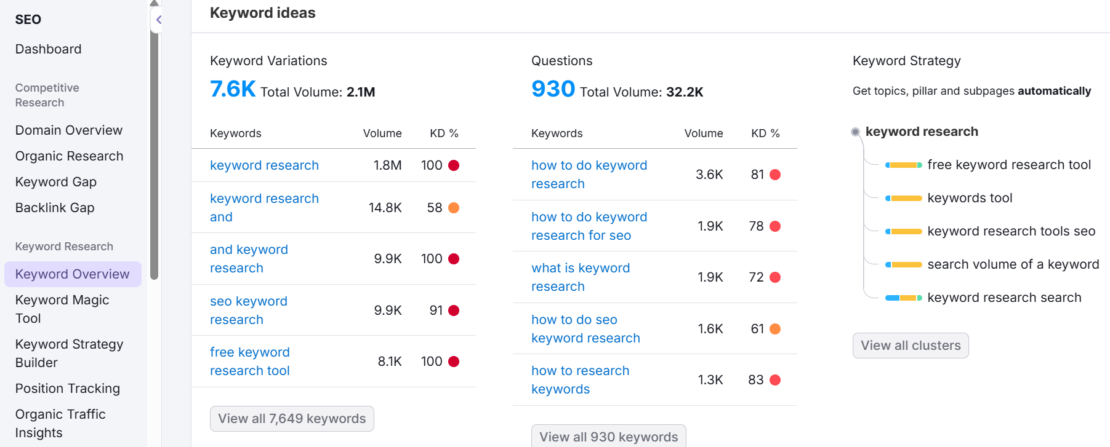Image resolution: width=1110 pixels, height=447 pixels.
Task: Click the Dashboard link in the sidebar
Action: click(48, 49)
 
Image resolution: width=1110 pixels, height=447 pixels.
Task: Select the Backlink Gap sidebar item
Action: click(55, 208)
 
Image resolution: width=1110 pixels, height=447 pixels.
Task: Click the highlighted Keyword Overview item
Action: click(73, 274)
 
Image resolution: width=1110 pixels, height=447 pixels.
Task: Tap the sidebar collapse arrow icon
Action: click(158, 20)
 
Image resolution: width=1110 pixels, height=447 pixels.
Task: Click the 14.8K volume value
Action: click(385, 208)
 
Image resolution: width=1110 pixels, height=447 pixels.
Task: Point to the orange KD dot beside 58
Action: click(454, 208)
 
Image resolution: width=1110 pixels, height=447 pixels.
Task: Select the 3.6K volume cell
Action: click(709, 175)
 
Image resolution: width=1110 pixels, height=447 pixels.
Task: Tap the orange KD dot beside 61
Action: click(775, 329)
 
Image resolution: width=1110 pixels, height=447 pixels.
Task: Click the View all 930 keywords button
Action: click(608, 437)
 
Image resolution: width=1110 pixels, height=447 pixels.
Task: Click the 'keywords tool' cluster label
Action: click(970, 198)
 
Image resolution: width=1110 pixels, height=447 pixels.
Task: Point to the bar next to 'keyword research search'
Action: click(903, 298)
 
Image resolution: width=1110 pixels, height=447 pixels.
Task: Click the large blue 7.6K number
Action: click(233, 89)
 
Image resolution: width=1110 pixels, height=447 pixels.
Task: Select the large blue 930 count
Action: click(553, 89)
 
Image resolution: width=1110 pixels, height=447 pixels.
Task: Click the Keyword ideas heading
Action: click(262, 13)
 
